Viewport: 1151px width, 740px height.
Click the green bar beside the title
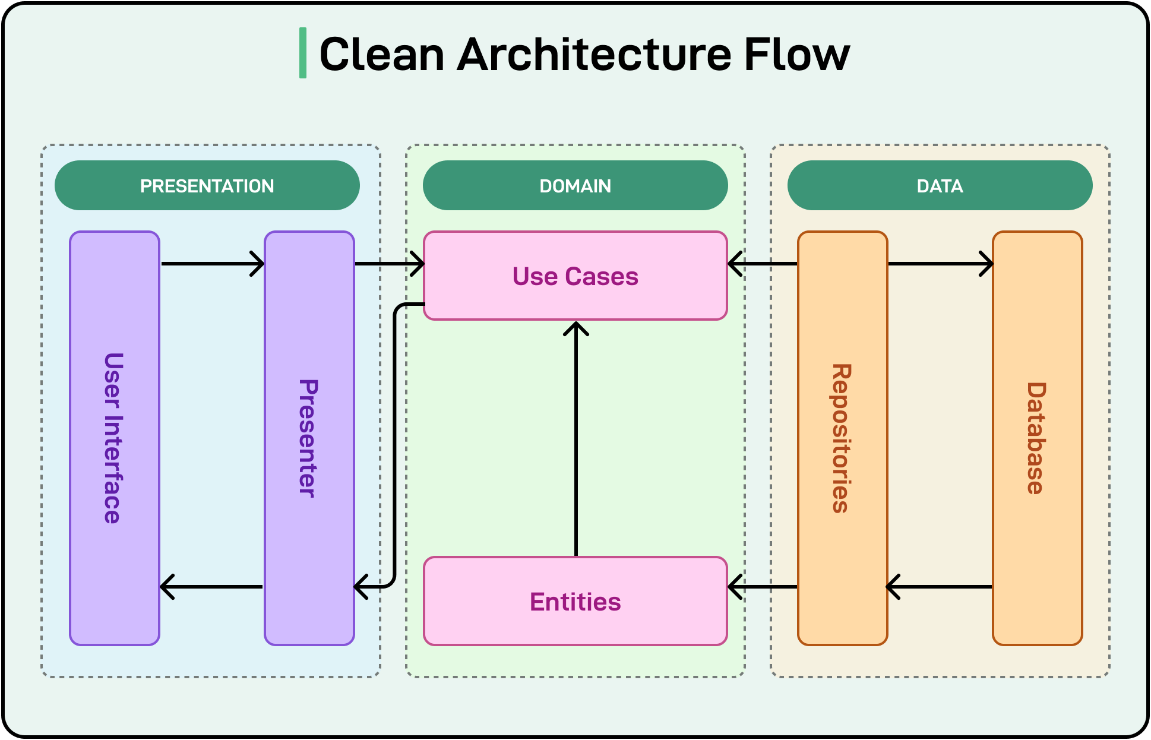pyautogui.click(x=303, y=53)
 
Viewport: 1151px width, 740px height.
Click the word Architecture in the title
pyautogui.click(x=594, y=54)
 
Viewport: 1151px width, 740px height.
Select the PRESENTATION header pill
pyautogui.click(x=207, y=185)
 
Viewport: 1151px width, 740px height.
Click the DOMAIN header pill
pyautogui.click(x=575, y=185)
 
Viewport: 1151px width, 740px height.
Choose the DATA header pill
pyautogui.click(x=940, y=185)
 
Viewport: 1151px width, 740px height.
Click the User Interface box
pyautogui.click(x=114, y=438)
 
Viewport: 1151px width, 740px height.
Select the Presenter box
pyautogui.click(x=309, y=438)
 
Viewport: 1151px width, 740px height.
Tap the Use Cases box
pyautogui.click(x=575, y=276)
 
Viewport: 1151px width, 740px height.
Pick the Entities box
pyautogui.click(x=575, y=601)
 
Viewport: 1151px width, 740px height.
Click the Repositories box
pyautogui.click(x=842, y=438)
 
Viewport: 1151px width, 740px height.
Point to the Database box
pyautogui.click(x=1037, y=438)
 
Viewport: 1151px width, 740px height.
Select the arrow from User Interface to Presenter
pyautogui.click(x=212, y=264)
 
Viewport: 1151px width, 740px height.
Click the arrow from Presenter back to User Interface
pyautogui.click(x=212, y=587)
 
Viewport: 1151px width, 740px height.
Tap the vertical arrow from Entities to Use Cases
pyautogui.click(x=576, y=439)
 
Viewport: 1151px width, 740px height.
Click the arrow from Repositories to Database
pyautogui.click(x=940, y=264)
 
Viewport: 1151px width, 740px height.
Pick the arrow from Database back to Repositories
pyautogui.click(x=940, y=587)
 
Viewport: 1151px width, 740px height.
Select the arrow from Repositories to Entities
pyautogui.click(x=763, y=587)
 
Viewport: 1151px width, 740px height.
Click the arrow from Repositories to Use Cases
pyautogui.click(x=763, y=264)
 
